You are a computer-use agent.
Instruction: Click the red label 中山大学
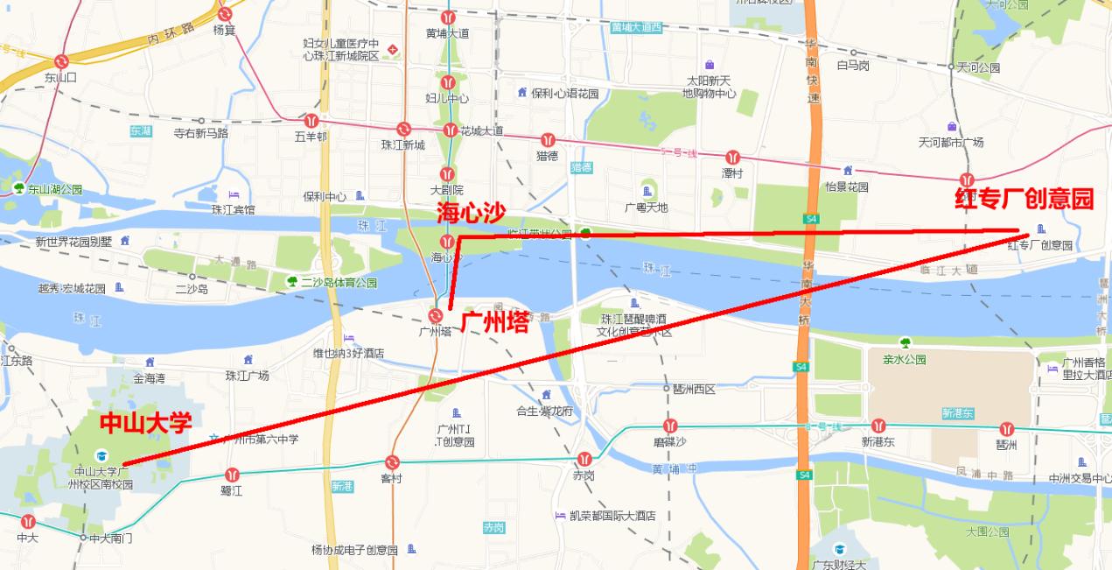pyautogui.click(x=145, y=424)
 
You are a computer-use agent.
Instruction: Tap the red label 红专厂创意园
pyautogui.click(x=1024, y=200)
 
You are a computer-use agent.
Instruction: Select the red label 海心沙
pyautogui.click(x=472, y=212)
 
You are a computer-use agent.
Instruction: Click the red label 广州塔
pyautogui.click(x=494, y=323)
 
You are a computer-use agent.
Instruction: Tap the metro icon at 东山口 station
pyautogui.click(x=61, y=61)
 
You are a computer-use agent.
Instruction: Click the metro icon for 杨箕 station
pyautogui.click(x=225, y=14)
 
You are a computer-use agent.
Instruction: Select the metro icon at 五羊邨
pyautogui.click(x=311, y=121)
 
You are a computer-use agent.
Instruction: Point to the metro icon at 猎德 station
pyautogui.click(x=548, y=139)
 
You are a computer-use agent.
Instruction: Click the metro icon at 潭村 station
pyautogui.click(x=732, y=157)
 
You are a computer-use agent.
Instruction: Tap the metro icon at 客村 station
pyautogui.click(x=392, y=462)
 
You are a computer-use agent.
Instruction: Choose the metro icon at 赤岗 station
pyautogui.click(x=584, y=458)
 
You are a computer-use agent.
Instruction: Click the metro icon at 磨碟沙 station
pyautogui.click(x=670, y=426)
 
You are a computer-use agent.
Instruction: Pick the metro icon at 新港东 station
pyautogui.click(x=878, y=426)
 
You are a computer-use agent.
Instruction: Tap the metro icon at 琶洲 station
pyautogui.click(x=1007, y=429)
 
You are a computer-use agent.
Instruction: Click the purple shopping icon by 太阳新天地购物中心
pyautogui.click(x=709, y=64)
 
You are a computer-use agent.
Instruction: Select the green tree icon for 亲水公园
pyautogui.click(x=905, y=342)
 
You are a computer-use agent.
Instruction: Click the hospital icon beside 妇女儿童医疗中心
pyautogui.click(x=393, y=49)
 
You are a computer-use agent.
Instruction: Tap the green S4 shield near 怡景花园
pyautogui.click(x=812, y=218)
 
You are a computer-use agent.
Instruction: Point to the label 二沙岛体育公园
pyautogui.click(x=339, y=283)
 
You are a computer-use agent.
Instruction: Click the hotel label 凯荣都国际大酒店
pyautogui.click(x=612, y=516)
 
